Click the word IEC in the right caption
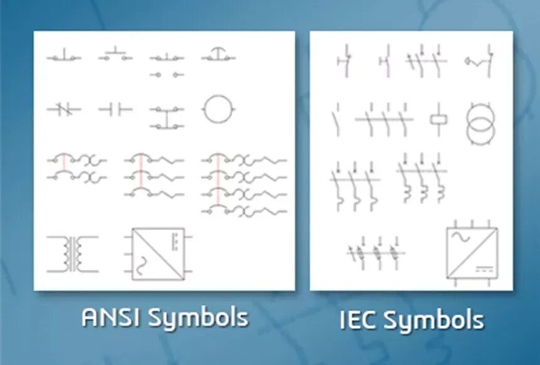[x=357, y=320]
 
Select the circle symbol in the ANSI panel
[x=218, y=110]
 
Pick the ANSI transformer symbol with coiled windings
[x=73, y=253]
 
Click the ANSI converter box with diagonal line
[x=158, y=253]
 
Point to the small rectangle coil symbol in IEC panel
[x=438, y=119]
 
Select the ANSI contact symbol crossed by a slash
[x=63, y=110]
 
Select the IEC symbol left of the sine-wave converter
[x=375, y=253]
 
